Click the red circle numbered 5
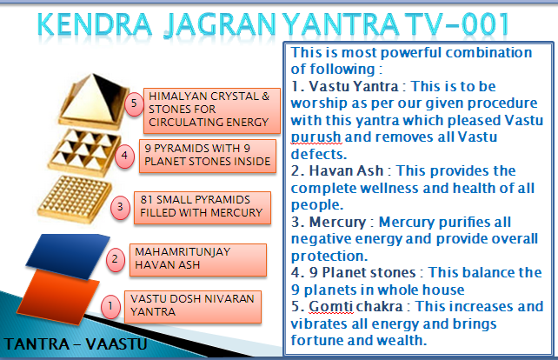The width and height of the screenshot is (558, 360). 134,103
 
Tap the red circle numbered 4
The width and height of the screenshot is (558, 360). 124,156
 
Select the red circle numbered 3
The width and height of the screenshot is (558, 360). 120,207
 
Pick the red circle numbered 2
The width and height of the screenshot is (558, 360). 115,259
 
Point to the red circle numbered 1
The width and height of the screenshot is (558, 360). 110,306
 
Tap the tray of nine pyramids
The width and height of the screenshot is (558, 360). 84,153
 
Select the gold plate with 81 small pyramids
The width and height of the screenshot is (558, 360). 75,199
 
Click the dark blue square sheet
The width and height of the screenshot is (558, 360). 68,256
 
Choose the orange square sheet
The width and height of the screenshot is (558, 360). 58,297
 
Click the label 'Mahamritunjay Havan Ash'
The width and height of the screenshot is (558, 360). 198,260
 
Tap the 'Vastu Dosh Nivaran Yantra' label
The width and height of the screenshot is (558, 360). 193,307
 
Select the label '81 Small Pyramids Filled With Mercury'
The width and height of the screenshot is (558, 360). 203,208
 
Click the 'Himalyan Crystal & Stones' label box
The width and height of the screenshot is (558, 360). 212,110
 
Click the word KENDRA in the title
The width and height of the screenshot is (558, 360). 95,24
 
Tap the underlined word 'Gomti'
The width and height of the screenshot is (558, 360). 330,307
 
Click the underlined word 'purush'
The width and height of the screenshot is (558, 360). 316,137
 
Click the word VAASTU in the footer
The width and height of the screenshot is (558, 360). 116,344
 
